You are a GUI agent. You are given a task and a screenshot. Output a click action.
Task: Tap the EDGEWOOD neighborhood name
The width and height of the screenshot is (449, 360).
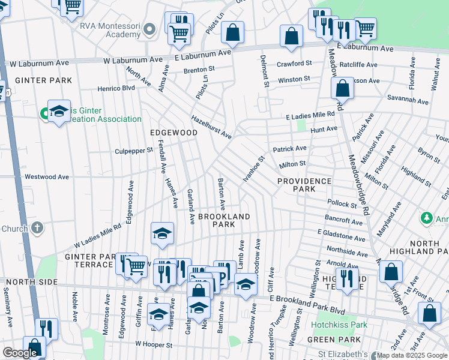pyautogui.click(x=173, y=132)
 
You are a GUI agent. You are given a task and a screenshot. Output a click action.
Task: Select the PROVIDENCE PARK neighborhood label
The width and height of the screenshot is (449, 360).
pyautogui.click(x=304, y=185)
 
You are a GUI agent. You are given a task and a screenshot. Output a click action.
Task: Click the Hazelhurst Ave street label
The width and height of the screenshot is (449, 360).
pyautogui.click(x=211, y=127)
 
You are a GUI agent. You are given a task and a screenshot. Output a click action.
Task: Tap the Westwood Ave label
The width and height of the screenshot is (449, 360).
pyautogui.click(x=47, y=177)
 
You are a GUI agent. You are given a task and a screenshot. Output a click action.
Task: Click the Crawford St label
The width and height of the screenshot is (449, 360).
pyautogui.click(x=294, y=64)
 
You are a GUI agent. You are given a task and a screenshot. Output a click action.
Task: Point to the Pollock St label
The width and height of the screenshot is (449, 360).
pyautogui.click(x=342, y=205)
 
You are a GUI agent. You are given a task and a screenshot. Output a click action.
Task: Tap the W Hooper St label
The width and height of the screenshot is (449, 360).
pyautogui.click(x=154, y=345)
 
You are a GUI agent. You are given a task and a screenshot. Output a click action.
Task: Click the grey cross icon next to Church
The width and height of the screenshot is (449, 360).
pyautogui.click(x=37, y=228)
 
